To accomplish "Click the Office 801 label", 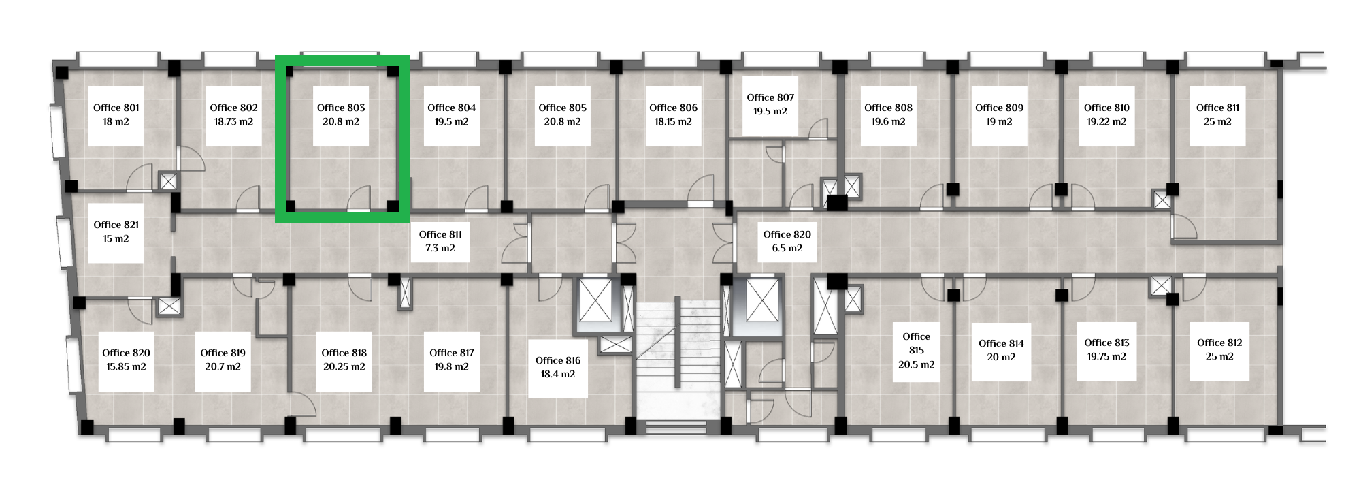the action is click(116, 108).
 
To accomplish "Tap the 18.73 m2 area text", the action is click(233, 121).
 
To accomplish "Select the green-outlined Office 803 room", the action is click(342, 139).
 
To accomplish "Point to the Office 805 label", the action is click(562, 108).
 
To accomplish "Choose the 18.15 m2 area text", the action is click(673, 121).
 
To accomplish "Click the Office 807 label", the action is click(770, 97).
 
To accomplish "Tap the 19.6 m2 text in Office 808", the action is click(888, 121).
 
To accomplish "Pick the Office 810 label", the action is click(1106, 108).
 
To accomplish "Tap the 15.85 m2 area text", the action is click(126, 366).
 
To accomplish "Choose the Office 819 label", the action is click(223, 353).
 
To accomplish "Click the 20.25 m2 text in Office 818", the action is click(344, 366).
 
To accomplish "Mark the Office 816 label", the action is click(558, 360).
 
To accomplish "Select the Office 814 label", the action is click(1001, 343).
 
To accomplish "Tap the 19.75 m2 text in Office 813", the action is click(1106, 356).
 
